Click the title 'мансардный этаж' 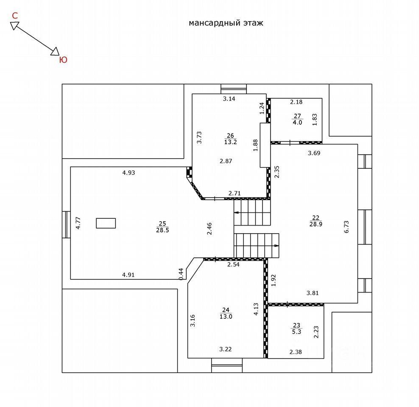coord(226,23)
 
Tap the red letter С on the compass coord(15,16)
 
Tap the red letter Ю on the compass coord(62,60)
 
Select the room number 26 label coord(230,136)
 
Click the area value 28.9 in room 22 coord(316,224)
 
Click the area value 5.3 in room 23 coord(296,332)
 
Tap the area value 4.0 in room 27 coord(297,123)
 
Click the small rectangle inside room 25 coord(106,223)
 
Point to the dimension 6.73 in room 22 coord(346,226)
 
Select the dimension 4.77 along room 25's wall coord(78,223)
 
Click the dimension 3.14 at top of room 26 coord(229,99)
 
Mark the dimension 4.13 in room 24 coord(256,309)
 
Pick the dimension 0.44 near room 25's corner coord(181,273)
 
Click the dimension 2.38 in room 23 coord(296,351)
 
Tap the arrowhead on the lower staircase coord(277,245)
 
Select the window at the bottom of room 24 coord(226,365)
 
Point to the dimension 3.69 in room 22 coord(314,153)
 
